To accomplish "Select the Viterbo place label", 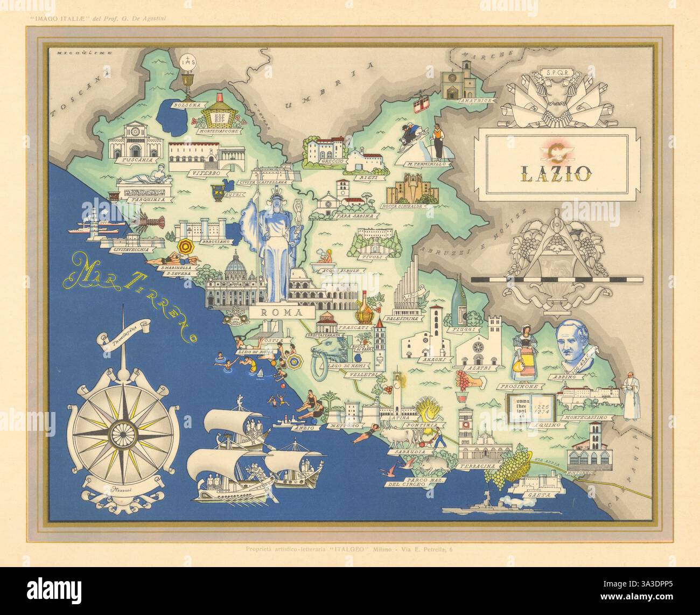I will [x=204, y=173].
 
